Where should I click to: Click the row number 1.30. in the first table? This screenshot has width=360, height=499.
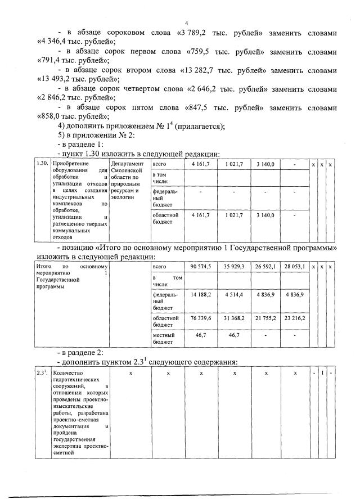[41, 164]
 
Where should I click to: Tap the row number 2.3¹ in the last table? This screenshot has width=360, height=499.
[41, 373]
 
